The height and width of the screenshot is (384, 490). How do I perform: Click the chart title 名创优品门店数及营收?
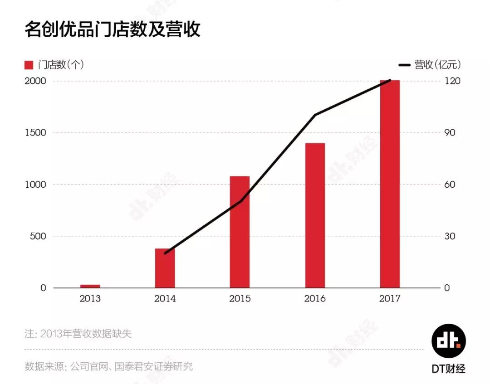coord(112,29)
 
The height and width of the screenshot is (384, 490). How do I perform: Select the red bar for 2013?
coord(90,286)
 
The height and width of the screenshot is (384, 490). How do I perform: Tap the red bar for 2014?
coord(165,268)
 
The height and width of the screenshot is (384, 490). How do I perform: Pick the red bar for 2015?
coord(240,232)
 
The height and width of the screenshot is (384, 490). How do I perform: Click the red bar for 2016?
coord(315,215)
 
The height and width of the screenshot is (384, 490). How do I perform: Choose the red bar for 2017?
coord(390,184)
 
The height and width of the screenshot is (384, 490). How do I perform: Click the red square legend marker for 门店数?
coord(29,65)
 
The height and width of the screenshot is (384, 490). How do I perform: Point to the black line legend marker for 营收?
coord(404,65)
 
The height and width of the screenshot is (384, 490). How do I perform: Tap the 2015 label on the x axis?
coord(240,299)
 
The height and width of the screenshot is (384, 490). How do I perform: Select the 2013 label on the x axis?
coord(90,299)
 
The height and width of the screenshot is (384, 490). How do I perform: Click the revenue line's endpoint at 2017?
coord(390,81)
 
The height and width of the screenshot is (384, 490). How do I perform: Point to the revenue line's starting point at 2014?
coord(165,253)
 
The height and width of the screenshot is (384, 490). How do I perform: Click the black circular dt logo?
coord(448,341)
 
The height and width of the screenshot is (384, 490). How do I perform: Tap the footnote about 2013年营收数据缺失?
coord(78,334)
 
